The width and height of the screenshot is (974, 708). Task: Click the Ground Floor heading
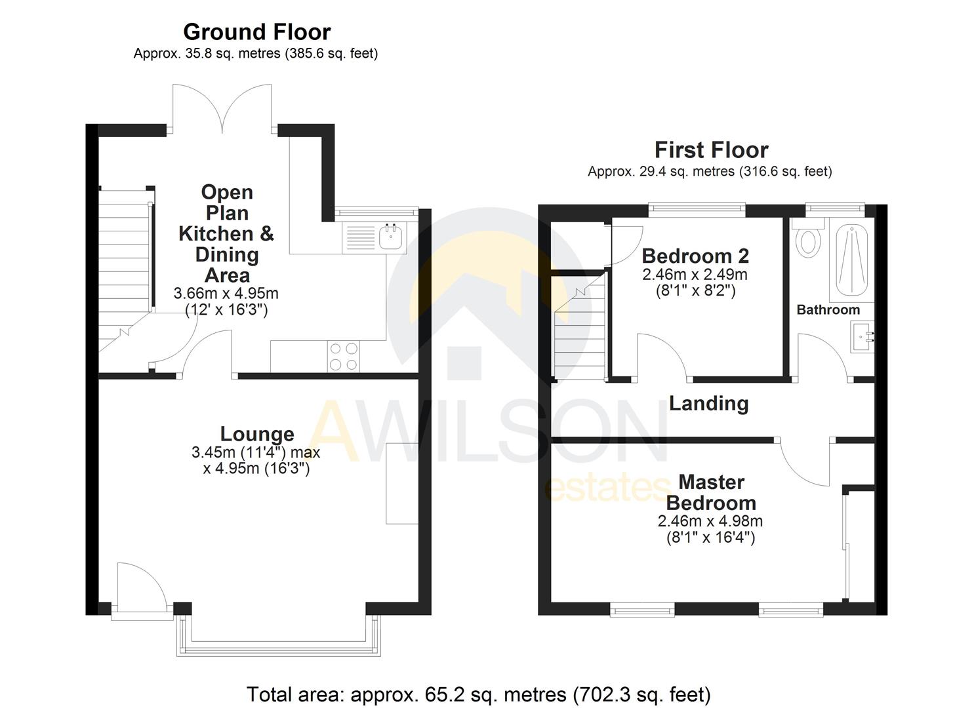pyautogui.click(x=256, y=31)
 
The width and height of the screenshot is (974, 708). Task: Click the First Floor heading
pyautogui.click(x=711, y=149)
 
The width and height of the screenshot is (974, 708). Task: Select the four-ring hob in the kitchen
pyautogui.click(x=343, y=357)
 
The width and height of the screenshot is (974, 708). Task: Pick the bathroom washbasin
pyautogui.click(x=862, y=336)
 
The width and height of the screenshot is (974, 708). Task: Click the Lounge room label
pyautogui.click(x=256, y=434)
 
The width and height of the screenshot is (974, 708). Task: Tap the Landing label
pyautogui.click(x=708, y=403)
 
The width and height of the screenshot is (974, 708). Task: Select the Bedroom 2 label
pyautogui.click(x=695, y=256)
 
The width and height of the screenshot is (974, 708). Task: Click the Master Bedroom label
pyautogui.click(x=711, y=492)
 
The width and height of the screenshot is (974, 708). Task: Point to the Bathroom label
pyautogui.click(x=828, y=309)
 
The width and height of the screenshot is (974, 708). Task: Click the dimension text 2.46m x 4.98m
pyautogui.click(x=710, y=522)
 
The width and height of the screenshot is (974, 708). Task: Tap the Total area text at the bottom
pyautogui.click(x=478, y=694)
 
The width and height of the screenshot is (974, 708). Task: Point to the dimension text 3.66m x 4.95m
pyautogui.click(x=226, y=293)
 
